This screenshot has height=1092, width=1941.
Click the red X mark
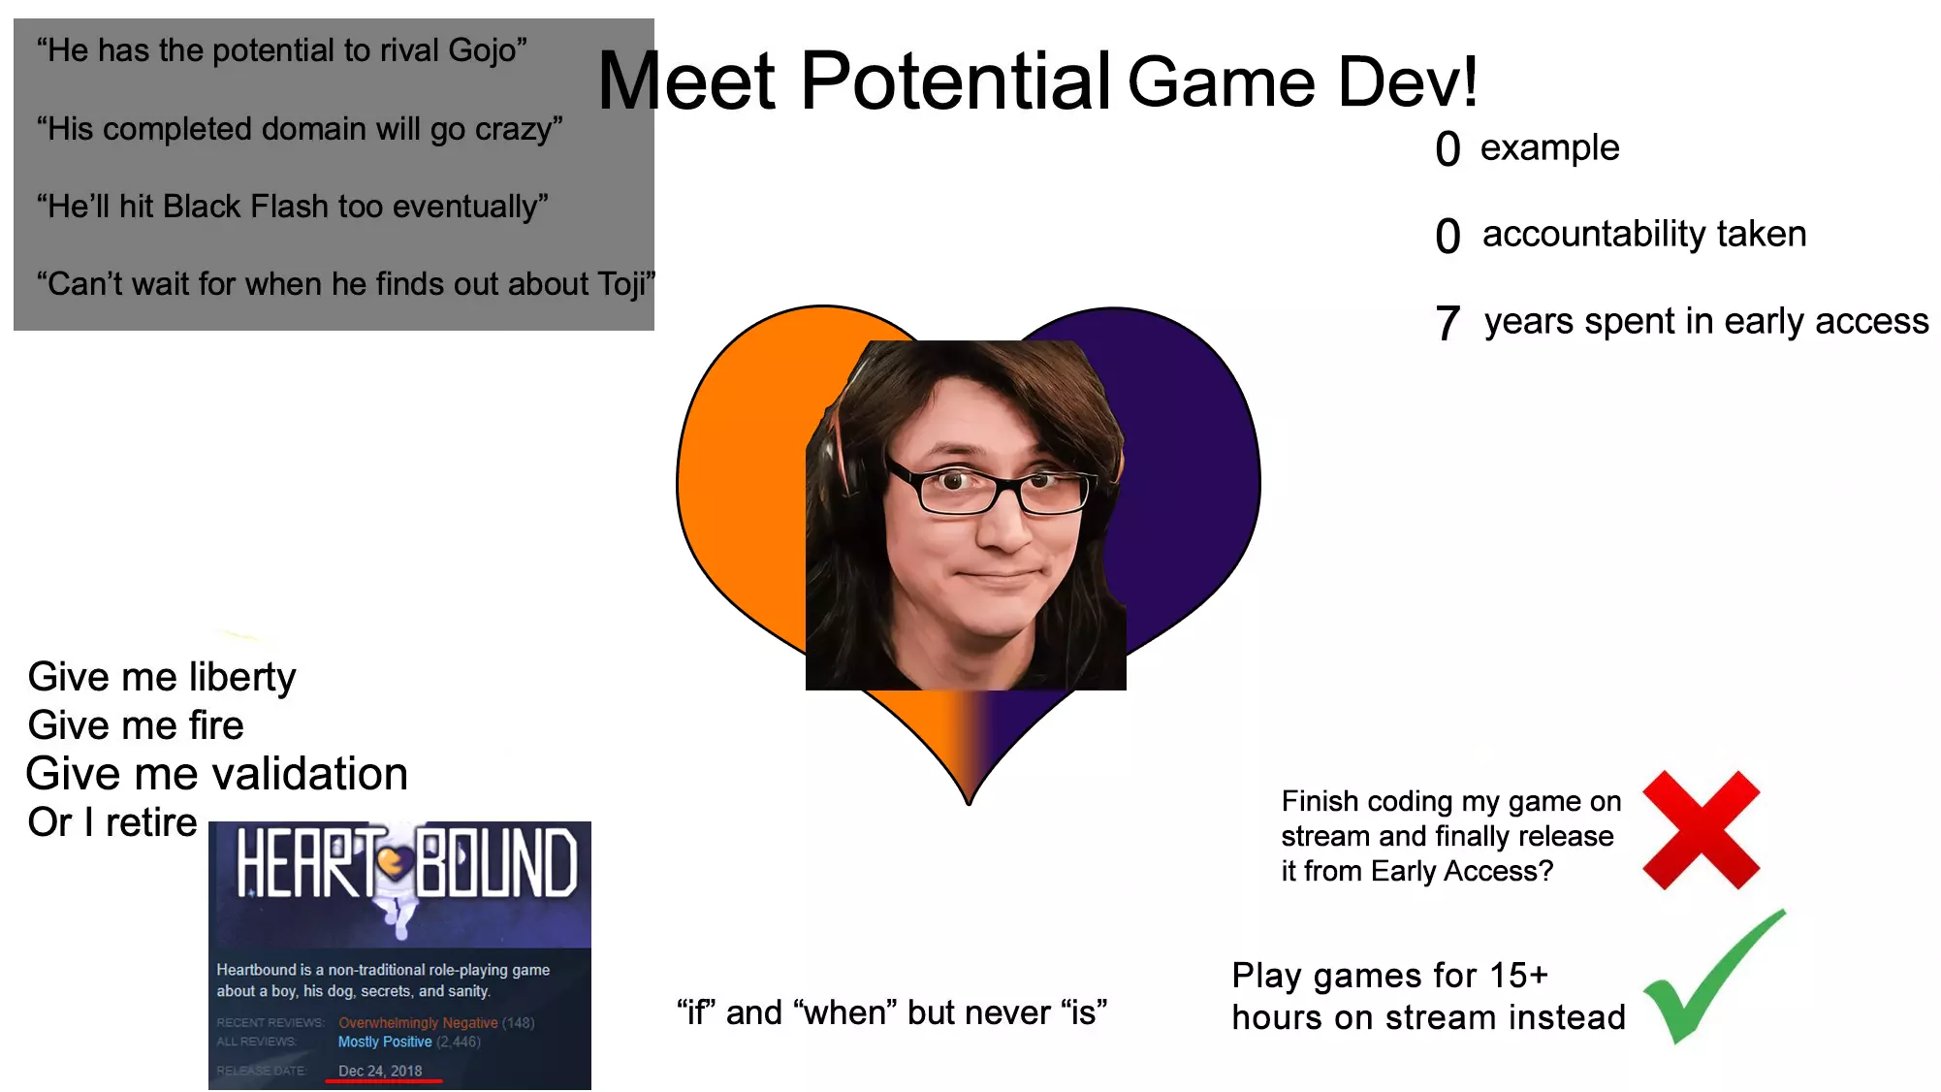(1702, 830)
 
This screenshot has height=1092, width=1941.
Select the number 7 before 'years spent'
(1448, 323)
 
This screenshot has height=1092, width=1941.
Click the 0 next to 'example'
(1448, 149)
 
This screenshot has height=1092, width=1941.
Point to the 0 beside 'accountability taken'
(1448, 236)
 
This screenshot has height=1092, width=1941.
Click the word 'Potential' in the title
(955, 80)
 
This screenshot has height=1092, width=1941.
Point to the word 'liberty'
(242, 678)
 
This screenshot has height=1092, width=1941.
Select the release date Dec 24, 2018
(380, 1071)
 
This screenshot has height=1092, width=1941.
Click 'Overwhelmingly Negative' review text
(418, 1023)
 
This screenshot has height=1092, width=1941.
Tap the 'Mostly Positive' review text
(385, 1043)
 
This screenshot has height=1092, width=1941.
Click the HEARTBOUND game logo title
(406, 863)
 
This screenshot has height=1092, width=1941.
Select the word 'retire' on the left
(151, 822)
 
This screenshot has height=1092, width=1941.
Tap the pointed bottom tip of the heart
(969, 803)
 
